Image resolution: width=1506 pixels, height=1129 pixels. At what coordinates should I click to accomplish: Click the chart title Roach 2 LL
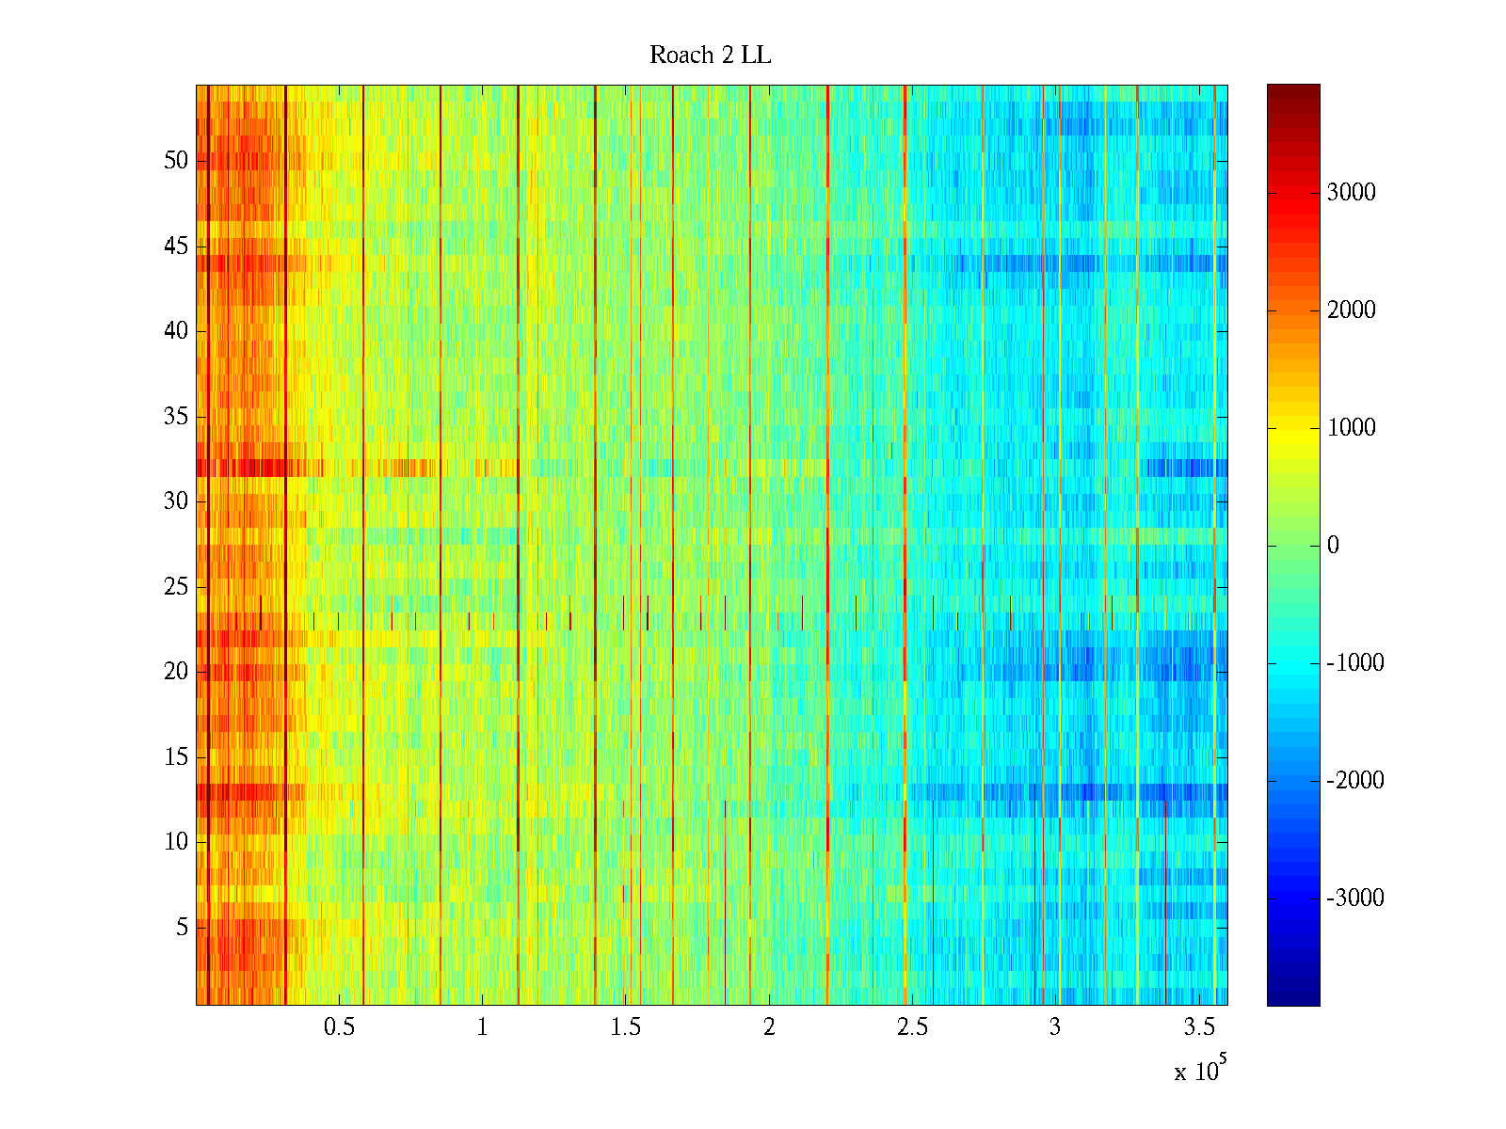click(x=710, y=56)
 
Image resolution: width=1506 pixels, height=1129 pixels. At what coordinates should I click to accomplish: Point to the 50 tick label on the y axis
click(x=176, y=161)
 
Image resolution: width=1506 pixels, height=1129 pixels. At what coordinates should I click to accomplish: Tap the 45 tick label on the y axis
click(x=176, y=246)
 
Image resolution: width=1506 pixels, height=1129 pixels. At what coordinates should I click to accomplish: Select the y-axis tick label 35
click(x=176, y=417)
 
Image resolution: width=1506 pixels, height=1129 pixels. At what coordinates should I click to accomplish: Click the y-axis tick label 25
click(x=176, y=587)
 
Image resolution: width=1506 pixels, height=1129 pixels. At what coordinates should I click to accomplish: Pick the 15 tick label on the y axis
click(x=176, y=757)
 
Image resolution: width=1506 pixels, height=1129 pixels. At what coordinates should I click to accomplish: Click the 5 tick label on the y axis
click(x=182, y=928)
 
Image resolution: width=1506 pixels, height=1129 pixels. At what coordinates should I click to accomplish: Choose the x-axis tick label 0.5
click(x=339, y=1027)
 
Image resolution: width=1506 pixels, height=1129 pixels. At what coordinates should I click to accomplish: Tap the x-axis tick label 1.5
click(x=625, y=1027)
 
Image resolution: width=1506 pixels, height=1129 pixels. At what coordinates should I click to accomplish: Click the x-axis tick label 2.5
click(x=912, y=1027)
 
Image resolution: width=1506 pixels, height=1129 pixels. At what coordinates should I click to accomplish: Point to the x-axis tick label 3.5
click(x=1198, y=1027)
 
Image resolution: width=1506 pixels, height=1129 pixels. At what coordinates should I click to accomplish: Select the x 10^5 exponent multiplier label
click(x=1200, y=1070)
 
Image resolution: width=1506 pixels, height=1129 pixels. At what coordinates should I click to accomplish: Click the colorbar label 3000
click(x=1352, y=193)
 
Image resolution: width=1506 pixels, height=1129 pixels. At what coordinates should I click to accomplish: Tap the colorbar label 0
click(x=1333, y=546)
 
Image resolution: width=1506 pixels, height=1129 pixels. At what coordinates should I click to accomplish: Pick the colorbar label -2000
click(x=1355, y=781)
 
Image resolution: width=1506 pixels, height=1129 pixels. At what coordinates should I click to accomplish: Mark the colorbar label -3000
click(x=1355, y=898)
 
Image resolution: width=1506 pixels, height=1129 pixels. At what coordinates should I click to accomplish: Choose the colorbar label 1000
click(x=1352, y=428)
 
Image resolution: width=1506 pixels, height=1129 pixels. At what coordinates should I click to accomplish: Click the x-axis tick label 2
click(x=769, y=1027)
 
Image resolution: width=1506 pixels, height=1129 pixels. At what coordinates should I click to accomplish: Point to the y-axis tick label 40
click(x=176, y=331)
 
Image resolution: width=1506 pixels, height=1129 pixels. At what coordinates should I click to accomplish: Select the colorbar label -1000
click(x=1355, y=663)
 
